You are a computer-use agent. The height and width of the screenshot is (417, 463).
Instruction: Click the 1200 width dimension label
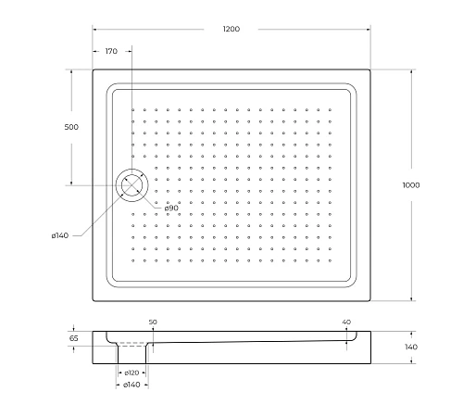231,30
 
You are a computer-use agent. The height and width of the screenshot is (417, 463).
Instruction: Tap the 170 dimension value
110,52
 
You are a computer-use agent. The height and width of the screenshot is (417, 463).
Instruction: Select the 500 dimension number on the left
69,127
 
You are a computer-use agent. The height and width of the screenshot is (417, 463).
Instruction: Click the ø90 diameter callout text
171,208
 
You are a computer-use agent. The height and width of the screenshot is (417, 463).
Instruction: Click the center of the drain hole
131,184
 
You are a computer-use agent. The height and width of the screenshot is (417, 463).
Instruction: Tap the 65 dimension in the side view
73,339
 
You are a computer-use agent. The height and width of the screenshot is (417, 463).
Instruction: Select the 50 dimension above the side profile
153,322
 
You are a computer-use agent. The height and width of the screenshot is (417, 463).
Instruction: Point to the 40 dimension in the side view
346,322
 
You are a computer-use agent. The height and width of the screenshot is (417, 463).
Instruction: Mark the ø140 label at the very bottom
131,385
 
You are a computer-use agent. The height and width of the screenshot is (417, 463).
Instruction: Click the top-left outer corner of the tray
93,69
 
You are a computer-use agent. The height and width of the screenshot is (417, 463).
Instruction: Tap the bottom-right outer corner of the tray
371,301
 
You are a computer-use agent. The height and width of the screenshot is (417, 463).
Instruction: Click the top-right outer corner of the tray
371,69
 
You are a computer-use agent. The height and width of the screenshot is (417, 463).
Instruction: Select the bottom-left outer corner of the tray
93,301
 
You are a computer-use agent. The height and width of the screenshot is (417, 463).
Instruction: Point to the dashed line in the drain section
135,345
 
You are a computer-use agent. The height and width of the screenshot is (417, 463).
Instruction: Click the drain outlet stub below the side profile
131,356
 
